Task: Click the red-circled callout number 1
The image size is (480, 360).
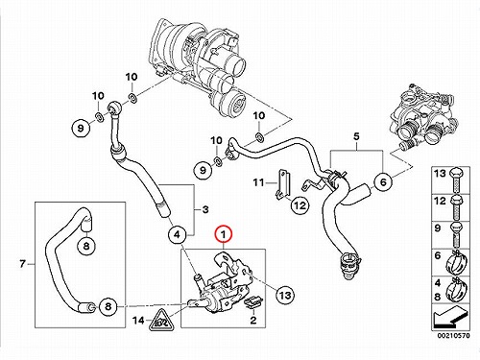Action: click(224, 234)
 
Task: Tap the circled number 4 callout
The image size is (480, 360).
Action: click(177, 235)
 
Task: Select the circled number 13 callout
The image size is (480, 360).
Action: click(284, 294)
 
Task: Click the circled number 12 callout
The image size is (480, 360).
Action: click(300, 204)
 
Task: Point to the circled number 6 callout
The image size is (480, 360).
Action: click(383, 181)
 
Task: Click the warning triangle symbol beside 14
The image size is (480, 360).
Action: click(162, 320)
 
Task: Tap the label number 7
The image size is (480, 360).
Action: click(22, 264)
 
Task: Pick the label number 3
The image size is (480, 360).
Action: click(205, 209)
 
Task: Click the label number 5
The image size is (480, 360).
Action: click(356, 136)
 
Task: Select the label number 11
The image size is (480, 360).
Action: click(258, 182)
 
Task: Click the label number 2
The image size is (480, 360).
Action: click(253, 320)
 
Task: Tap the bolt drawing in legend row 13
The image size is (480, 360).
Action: click(456, 180)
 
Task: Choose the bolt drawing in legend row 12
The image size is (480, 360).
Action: click(456, 207)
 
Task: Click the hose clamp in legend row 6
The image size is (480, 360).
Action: click(456, 261)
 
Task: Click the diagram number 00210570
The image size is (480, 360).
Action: click(454, 336)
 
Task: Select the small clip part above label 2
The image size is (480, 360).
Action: click(254, 302)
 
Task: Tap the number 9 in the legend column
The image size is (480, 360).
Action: click(438, 228)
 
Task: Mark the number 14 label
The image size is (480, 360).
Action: click(138, 320)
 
